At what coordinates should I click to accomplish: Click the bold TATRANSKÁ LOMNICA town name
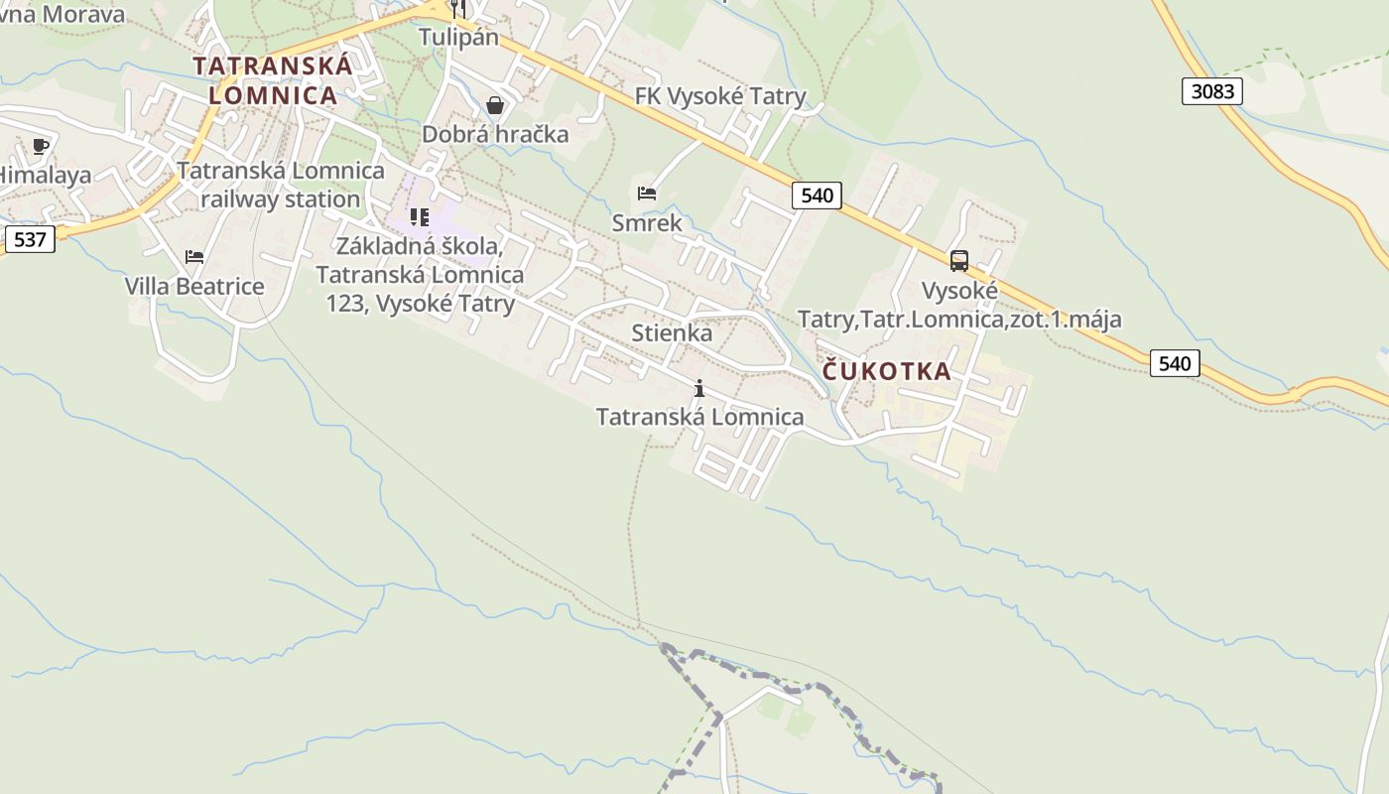[x=273, y=80]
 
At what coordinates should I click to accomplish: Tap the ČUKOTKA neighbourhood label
[x=886, y=371]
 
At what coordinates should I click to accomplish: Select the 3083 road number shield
[x=1212, y=91]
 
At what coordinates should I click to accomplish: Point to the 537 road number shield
[x=30, y=239]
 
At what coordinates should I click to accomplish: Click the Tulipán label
[x=458, y=37]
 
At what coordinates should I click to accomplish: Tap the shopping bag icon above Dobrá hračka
[x=495, y=105]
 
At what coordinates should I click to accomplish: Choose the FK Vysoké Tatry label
[x=720, y=96]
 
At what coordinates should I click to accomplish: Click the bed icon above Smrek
[x=647, y=194]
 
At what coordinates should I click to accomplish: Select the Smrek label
[x=647, y=222]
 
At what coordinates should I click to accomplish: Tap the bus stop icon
[x=958, y=261]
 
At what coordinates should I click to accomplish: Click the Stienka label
[x=672, y=332]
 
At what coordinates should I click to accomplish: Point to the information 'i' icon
[x=699, y=388]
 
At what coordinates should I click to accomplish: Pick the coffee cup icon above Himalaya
[x=41, y=147]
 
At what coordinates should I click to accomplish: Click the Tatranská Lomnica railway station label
[x=281, y=185]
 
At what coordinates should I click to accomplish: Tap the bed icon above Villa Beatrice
[x=194, y=257]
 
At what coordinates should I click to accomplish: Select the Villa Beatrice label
[x=194, y=286]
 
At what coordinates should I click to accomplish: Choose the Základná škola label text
[x=420, y=274]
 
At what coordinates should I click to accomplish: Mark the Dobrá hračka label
[x=495, y=134]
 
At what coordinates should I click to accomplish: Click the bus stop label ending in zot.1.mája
[x=959, y=306]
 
